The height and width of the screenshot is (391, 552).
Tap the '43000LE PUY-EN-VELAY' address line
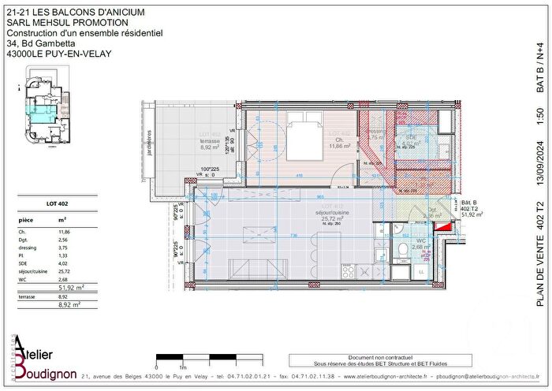coord(59,54)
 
